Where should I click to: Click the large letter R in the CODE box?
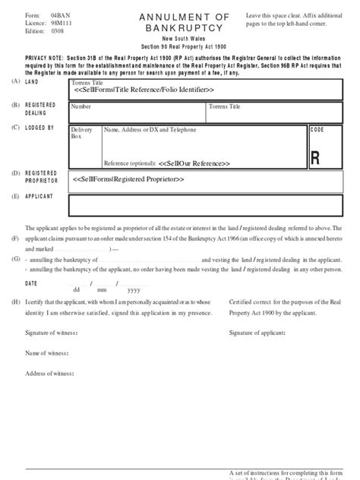pos(315,158)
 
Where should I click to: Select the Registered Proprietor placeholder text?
pos(129,179)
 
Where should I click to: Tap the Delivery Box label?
pos(82,133)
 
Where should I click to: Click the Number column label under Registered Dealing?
pos(81,107)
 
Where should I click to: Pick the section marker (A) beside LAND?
pos(15,81)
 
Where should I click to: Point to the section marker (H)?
pos(15,302)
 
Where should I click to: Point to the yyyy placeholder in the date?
pos(134,289)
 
